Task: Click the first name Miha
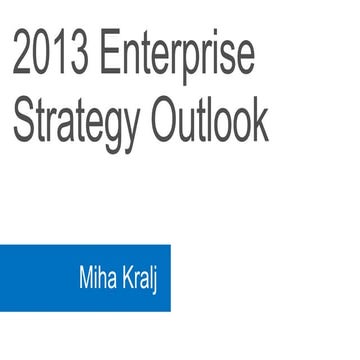pyautogui.click(x=98, y=276)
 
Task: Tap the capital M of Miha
pyautogui.click(x=86, y=276)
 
